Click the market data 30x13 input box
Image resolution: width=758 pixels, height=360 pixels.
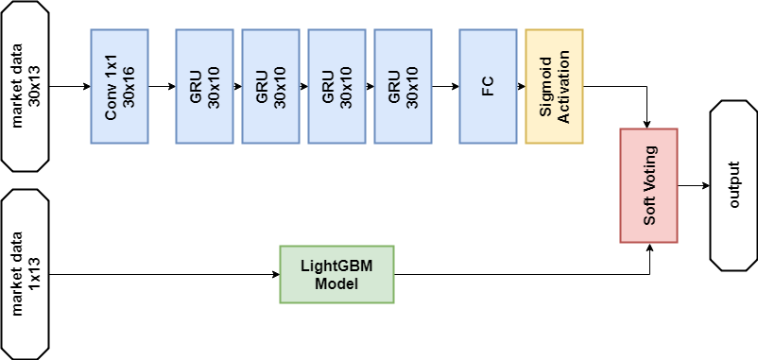pyautogui.click(x=26, y=86)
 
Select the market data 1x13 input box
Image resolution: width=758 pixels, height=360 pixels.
pyautogui.click(x=26, y=274)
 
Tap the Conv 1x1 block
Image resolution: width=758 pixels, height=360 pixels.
pyautogui.click(x=119, y=86)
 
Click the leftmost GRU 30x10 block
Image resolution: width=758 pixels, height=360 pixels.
pyautogui.click(x=204, y=86)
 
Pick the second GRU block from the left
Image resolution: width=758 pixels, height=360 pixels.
pyautogui.click(x=270, y=86)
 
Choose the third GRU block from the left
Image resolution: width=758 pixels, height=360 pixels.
pyautogui.click(x=336, y=86)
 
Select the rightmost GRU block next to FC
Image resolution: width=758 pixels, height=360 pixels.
pyautogui.click(x=403, y=86)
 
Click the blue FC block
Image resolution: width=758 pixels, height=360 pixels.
pyautogui.click(x=488, y=86)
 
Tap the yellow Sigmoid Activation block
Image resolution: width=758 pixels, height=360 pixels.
pyautogui.click(x=554, y=86)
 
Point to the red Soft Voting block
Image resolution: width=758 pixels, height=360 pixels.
pyautogui.click(x=648, y=184)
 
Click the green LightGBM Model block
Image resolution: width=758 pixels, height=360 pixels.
pyautogui.click(x=337, y=274)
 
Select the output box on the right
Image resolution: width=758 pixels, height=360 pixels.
pyautogui.click(x=733, y=184)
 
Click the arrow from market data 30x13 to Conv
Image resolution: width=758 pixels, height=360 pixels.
pyautogui.click(x=70, y=86)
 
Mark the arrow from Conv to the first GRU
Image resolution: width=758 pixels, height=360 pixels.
pyautogui.click(x=162, y=86)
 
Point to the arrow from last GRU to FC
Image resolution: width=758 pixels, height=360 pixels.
pyautogui.click(x=445, y=86)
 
